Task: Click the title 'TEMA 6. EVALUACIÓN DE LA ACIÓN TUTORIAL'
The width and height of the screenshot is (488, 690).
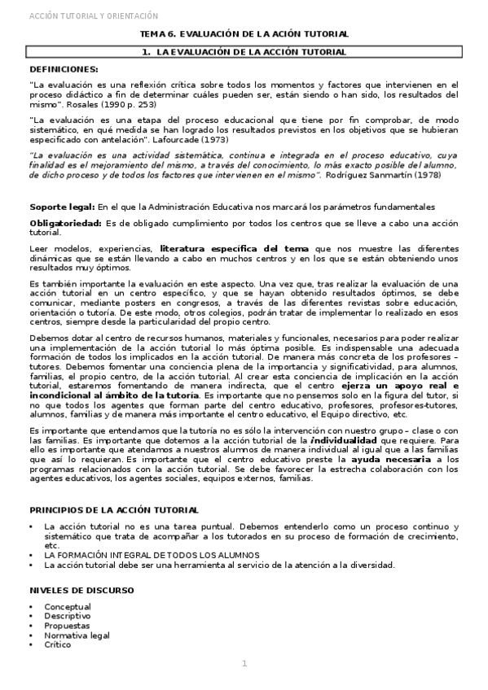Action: (244, 34)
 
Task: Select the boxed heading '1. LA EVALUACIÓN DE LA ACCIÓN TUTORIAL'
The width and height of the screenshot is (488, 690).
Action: (244, 52)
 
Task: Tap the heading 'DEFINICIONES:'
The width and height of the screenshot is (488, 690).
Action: (64, 69)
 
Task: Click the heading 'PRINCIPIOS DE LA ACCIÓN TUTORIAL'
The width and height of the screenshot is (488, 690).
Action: (113, 510)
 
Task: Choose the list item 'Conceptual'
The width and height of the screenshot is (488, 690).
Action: (68, 607)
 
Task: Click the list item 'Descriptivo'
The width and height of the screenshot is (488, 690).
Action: (68, 616)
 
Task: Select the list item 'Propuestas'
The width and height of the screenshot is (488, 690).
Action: (68, 626)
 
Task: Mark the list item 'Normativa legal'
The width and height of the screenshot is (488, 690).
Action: (77, 635)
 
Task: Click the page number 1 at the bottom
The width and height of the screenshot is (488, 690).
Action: (244, 664)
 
